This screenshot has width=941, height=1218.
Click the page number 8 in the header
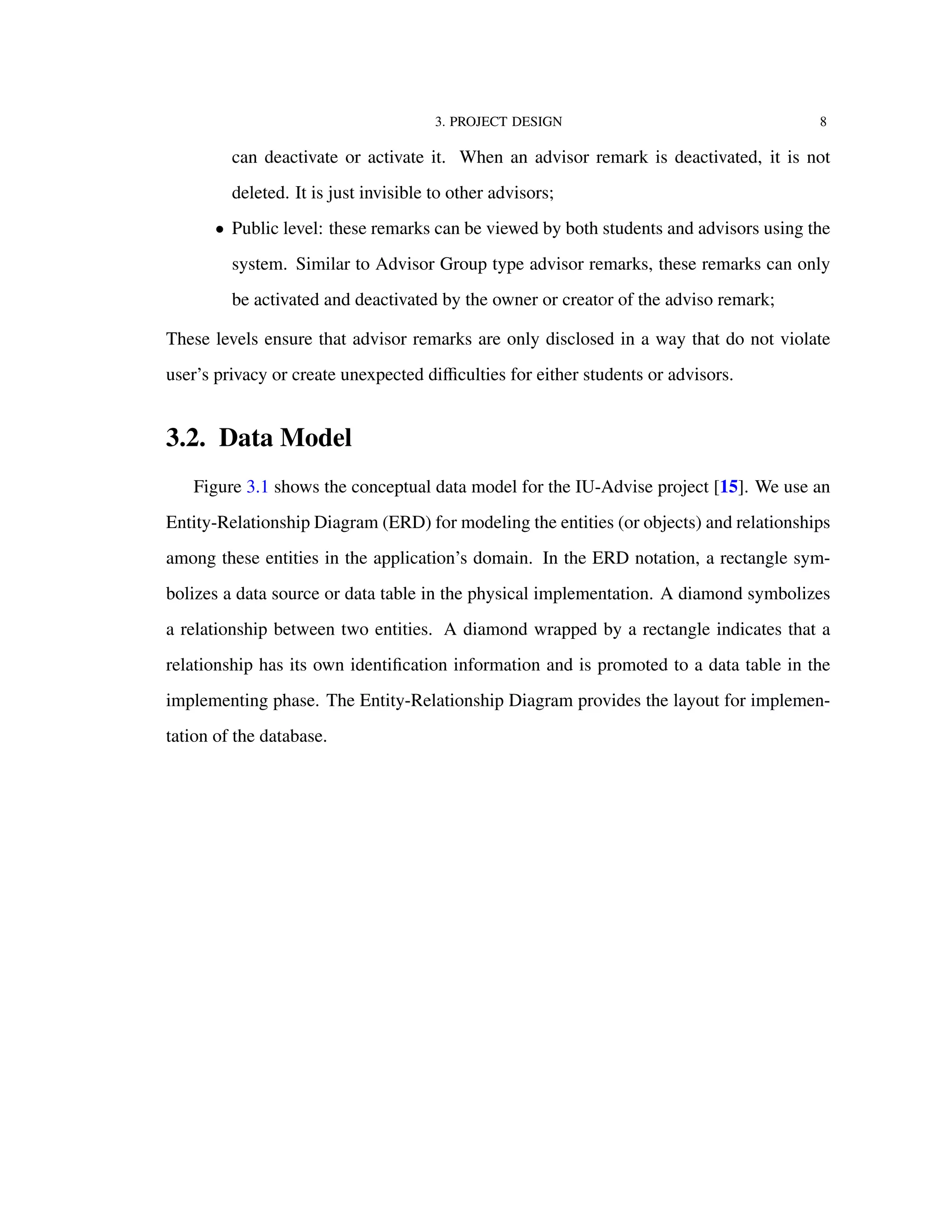(x=823, y=122)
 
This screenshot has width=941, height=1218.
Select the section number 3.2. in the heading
(x=186, y=438)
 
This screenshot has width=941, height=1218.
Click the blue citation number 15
(x=729, y=487)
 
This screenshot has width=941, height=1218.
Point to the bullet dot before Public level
(x=220, y=230)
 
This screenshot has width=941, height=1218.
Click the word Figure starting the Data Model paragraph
(x=217, y=487)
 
